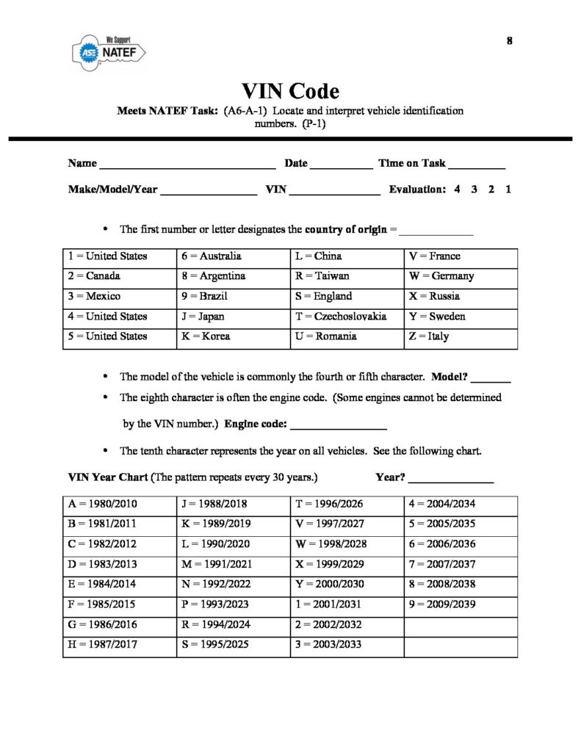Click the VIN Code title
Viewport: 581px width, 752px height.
click(290, 92)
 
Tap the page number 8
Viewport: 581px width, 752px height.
click(509, 40)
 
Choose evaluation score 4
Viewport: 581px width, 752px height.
click(457, 189)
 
